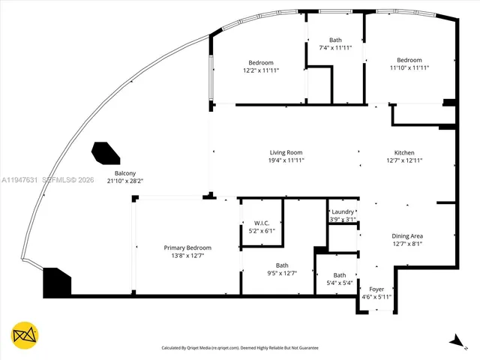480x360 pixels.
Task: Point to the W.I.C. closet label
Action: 262,223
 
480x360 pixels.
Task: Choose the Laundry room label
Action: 342,212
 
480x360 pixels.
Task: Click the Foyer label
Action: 376,289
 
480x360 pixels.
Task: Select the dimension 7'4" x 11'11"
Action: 335,48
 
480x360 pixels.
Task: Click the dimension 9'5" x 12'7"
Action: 282,273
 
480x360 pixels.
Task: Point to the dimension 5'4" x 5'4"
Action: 340,283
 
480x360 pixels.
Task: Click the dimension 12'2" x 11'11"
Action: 261,70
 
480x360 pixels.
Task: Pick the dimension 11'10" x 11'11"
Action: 409,68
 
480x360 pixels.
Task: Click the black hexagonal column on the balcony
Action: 106,153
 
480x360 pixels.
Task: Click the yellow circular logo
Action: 25,334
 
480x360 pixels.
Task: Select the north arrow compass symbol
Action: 455,340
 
